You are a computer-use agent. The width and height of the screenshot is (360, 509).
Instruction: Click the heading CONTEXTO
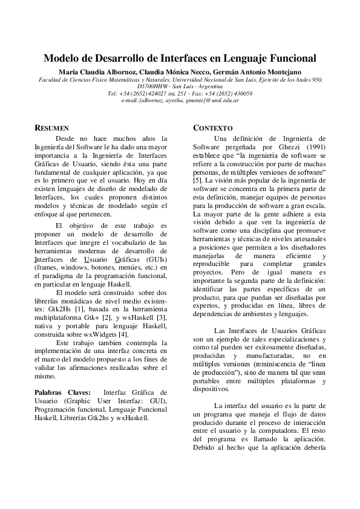click(212, 129)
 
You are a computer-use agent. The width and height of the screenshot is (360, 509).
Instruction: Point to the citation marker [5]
click(198, 181)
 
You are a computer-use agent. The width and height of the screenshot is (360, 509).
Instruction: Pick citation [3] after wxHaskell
click(163, 318)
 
